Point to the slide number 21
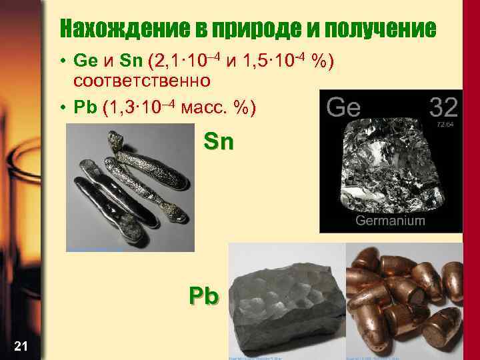pos(20,345)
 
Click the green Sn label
pos(219,143)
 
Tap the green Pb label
pos(203,295)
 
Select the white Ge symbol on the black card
pos(344,107)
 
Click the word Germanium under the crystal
pos(390,220)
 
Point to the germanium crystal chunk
pos(390,167)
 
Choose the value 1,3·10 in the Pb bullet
pos(133,107)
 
